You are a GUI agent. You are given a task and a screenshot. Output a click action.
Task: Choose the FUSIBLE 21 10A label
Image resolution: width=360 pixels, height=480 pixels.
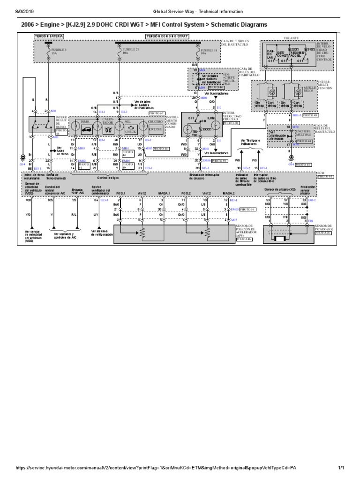[x=127, y=51]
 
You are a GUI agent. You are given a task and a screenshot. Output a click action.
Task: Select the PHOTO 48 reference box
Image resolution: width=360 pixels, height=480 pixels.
[x=311, y=115]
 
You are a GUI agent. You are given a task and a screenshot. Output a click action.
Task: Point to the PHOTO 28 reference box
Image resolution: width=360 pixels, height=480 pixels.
[x=323, y=232]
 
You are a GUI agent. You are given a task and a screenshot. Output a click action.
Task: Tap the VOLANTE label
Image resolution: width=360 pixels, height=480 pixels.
[x=291, y=37]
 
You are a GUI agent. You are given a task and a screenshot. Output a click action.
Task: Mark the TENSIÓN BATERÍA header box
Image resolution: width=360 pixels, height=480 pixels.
[x=48, y=36]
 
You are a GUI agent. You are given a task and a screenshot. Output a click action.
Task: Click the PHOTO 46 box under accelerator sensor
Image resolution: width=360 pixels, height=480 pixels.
[x=244, y=239]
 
